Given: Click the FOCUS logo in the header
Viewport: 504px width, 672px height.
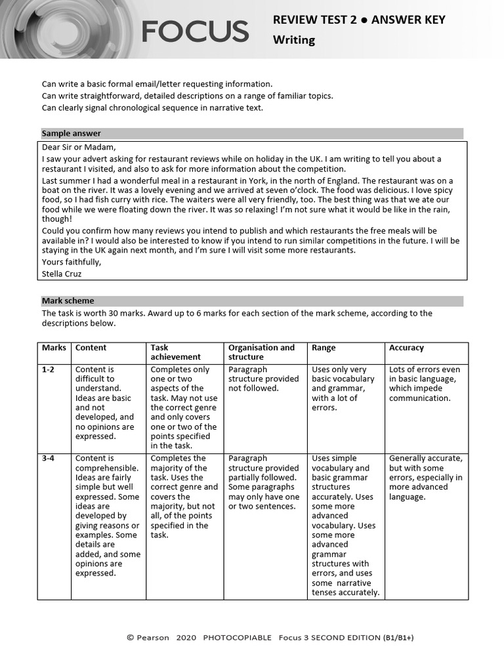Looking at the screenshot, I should click(x=195, y=31).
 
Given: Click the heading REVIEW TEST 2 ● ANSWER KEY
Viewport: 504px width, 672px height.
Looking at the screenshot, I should click(x=359, y=20).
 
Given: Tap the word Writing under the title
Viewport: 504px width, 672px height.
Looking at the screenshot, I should click(x=294, y=40).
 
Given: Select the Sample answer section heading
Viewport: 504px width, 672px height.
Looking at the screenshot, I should click(x=72, y=133).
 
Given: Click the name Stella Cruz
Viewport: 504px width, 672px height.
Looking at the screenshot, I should click(x=62, y=274).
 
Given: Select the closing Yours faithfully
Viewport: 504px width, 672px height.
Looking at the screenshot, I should click(x=72, y=262).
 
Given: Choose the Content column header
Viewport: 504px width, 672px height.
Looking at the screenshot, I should click(x=91, y=348).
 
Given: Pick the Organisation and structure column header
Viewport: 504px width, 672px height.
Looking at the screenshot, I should click(x=261, y=352).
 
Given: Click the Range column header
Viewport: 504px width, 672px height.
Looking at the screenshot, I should click(x=324, y=348).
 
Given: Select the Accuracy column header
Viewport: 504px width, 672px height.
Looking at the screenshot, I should click(x=406, y=348).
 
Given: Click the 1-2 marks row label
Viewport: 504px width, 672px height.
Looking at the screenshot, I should click(x=48, y=369).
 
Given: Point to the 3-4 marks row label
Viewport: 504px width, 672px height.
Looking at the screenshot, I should click(x=48, y=458).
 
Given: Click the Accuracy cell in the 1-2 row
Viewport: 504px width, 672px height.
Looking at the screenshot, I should click(x=425, y=384).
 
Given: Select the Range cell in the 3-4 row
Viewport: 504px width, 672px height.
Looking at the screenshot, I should click(x=345, y=525).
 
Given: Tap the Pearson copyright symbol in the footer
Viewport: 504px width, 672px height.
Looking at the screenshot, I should click(x=130, y=637).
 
